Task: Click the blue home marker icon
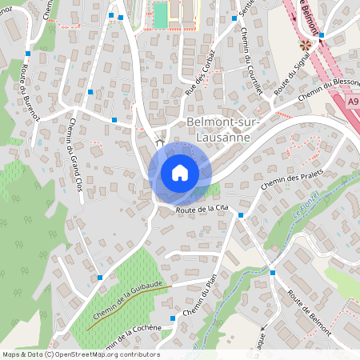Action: tap(180, 173)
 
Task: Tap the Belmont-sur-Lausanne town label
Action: tap(218, 129)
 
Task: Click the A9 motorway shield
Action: tap(353, 102)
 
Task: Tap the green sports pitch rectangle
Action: tap(161, 14)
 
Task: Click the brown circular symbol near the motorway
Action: tap(304, 44)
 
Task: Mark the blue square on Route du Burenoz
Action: tap(27, 54)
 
